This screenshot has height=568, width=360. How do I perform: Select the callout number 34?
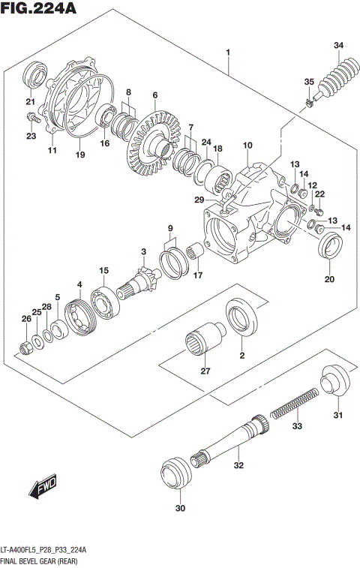tap(339, 46)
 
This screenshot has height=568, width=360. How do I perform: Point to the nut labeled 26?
tap(24, 347)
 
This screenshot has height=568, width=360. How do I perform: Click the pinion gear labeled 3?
tap(142, 282)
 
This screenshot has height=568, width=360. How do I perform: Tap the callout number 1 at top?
tap(227, 50)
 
